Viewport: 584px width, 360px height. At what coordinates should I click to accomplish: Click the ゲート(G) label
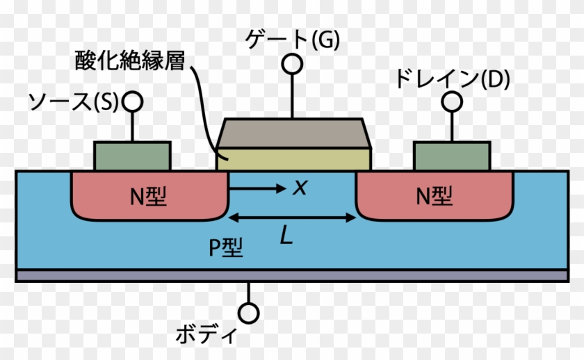293,41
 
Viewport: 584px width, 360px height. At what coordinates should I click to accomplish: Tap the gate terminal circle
293,65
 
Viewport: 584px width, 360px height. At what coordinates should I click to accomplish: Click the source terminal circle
132,102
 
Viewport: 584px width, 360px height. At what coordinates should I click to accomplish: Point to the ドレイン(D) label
452,79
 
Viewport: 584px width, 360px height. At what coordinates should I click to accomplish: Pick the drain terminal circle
453,102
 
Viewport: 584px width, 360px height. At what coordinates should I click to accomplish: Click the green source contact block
132,156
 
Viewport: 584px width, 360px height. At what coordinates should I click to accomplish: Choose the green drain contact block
453,156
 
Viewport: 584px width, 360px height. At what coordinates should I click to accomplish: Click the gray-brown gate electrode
293,133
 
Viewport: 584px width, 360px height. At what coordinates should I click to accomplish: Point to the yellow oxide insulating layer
293,160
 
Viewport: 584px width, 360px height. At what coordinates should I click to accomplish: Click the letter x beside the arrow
300,186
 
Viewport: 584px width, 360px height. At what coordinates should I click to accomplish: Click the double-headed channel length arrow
292,218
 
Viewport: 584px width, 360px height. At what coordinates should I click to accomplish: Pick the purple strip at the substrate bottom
292,276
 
